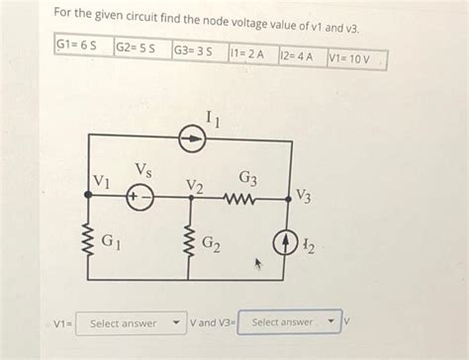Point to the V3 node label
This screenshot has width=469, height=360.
point(304,197)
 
